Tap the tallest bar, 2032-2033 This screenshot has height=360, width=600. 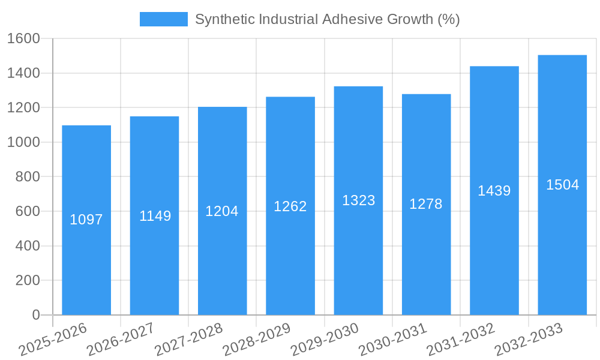click(562, 252)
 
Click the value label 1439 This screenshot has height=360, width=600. click(494, 191)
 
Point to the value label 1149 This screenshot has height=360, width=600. click(155, 216)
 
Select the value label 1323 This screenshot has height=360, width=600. click(358, 200)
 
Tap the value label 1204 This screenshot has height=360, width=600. click(222, 211)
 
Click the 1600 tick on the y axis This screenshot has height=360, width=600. click(23, 39)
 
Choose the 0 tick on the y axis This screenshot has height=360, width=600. click(35, 315)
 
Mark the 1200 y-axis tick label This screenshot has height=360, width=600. click(23, 108)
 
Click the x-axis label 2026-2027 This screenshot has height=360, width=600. click(120, 340)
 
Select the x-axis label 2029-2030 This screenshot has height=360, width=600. click(324, 340)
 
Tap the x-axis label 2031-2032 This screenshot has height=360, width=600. click(460, 340)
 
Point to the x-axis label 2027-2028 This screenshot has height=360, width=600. click(188, 340)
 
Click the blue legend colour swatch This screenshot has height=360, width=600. click(163, 19)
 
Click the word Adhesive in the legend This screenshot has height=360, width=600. click(347, 19)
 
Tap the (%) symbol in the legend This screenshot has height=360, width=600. click(448, 19)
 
